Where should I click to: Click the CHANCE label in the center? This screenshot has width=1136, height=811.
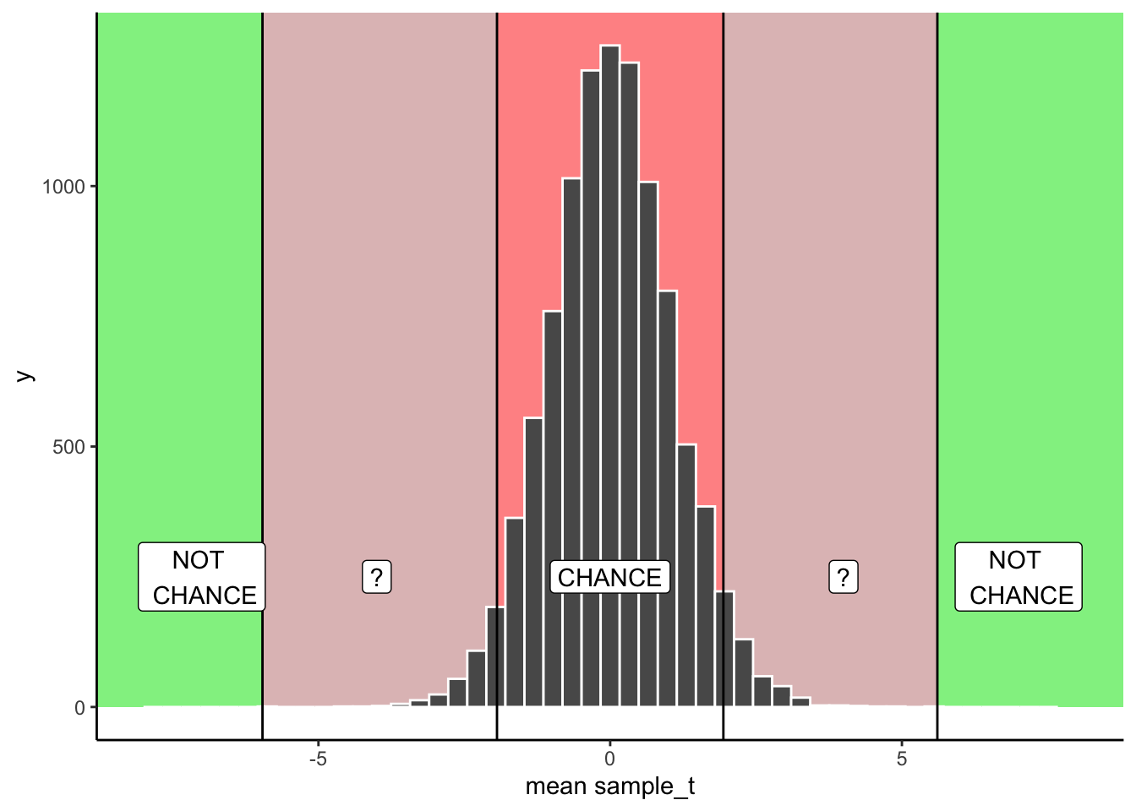609,577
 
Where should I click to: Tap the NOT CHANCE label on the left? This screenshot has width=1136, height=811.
202,577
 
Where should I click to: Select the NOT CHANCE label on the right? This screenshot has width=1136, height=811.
1019,577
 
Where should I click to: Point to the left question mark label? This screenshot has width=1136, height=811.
377,577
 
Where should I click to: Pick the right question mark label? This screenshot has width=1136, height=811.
843,577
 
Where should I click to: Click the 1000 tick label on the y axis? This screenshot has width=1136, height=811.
64,187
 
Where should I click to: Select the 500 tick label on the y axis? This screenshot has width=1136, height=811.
69,447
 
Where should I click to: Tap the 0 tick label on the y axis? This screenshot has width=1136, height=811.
80,708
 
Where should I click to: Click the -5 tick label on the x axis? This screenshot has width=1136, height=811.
317,759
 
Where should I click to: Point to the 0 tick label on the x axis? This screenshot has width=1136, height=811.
609,759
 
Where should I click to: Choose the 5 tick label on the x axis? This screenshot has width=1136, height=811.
902,759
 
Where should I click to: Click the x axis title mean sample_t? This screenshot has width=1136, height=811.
609,787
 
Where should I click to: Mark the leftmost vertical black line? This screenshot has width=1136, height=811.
262,338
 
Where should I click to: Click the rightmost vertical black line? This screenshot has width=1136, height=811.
937,338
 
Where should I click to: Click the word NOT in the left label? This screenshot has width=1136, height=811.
198,560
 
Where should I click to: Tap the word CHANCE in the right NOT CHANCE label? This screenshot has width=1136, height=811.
1021,596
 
